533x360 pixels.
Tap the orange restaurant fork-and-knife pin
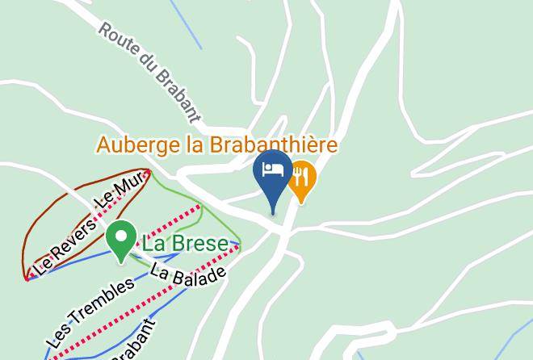pos(301,179)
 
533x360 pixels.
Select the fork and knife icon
pos(301,175)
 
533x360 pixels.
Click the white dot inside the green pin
pos(122,237)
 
